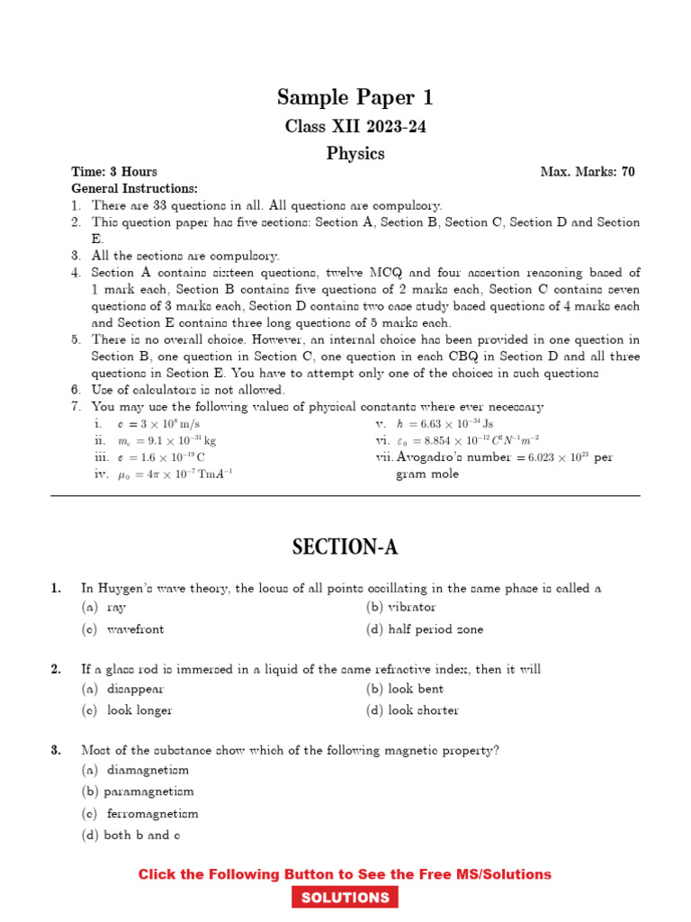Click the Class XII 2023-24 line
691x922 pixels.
[x=355, y=126]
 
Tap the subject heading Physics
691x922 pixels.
[x=355, y=154]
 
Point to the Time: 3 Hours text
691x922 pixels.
[x=114, y=172]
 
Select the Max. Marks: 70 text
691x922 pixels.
[x=587, y=172]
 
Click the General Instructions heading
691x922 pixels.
[x=134, y=188]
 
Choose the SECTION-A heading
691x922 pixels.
[x=345, y=547]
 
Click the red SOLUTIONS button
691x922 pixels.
[x=345, y=898]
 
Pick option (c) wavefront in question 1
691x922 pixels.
[x=123, y=629]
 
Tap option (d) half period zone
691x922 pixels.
[x=425, y=629]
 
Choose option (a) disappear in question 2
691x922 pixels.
[x=123, y=689]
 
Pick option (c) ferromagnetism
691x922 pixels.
[x=139, y=813]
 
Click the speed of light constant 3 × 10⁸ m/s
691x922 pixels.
[x=158, y=424]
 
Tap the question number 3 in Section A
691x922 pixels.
[x=56, y=749]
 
